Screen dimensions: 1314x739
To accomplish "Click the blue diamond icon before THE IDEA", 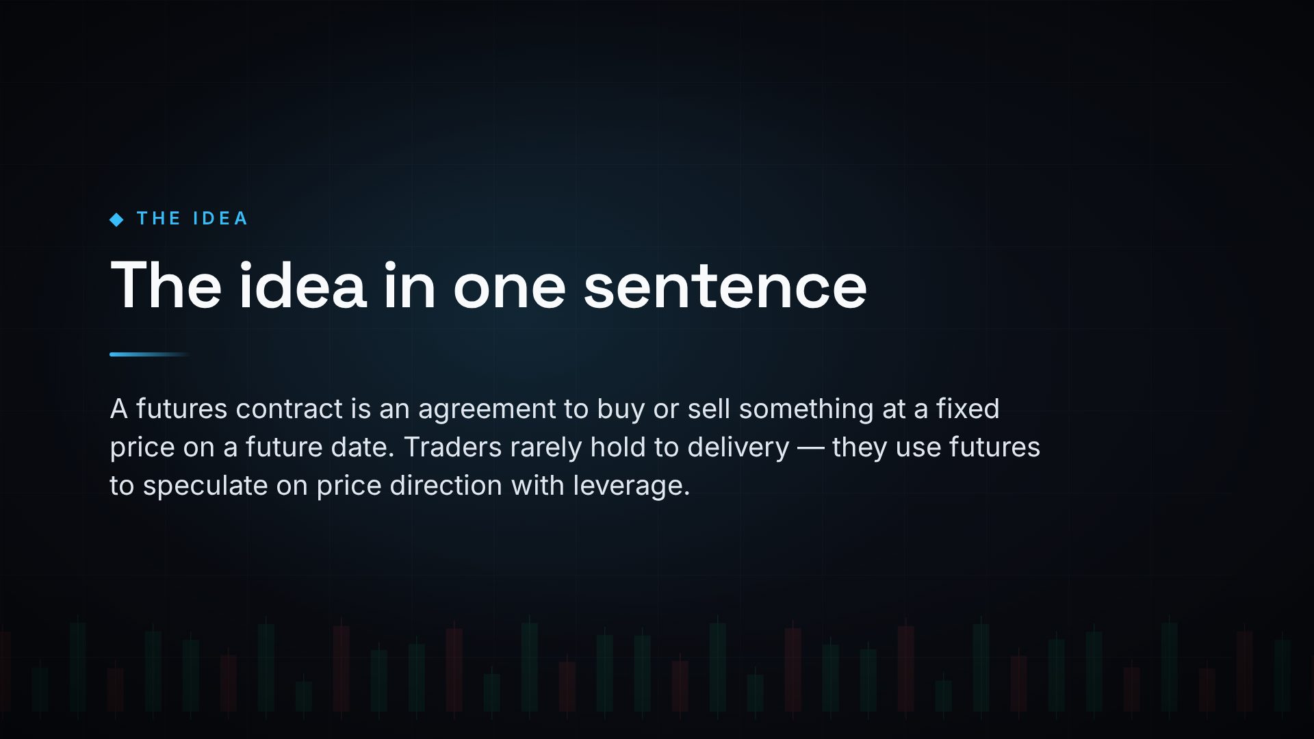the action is point(116,220).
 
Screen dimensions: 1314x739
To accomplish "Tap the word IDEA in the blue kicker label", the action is point(220,219).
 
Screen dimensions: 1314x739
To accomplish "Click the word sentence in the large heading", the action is point(725,286).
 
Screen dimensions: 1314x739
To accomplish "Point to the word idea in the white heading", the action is point(302,285).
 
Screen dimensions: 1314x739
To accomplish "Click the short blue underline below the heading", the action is point(150,354).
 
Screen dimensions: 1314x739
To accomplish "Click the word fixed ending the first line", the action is point(968,409).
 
